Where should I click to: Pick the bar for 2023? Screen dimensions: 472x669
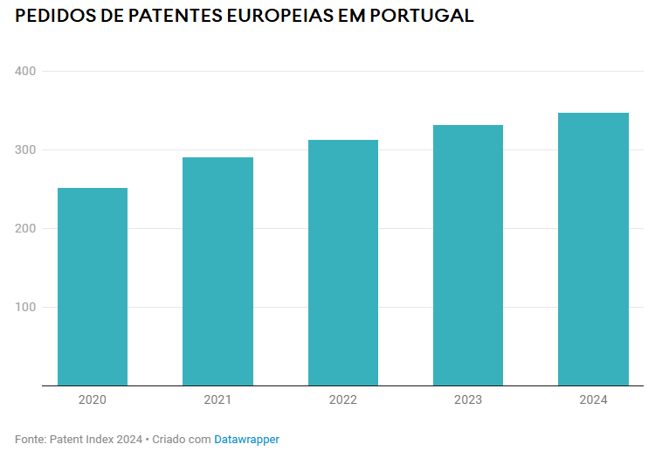468,255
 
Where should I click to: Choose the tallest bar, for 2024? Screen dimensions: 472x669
593,249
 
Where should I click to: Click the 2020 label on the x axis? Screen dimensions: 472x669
93,400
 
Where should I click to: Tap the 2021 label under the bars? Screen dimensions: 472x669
217,400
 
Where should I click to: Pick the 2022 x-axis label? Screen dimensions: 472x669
343,400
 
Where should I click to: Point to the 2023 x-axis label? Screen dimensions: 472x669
468,400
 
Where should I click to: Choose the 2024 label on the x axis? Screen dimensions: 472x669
593,400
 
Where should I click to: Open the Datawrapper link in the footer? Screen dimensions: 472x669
246,440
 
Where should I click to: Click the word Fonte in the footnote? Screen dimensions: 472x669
29,440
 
